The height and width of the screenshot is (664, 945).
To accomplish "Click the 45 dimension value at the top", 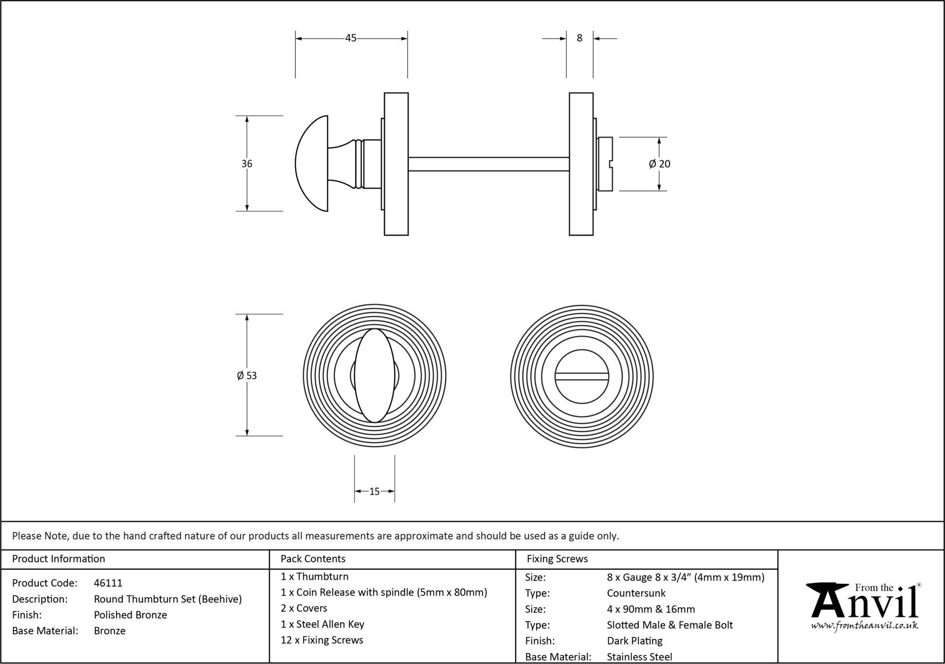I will coord(350,38).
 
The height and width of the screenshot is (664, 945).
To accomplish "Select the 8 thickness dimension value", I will coord(579,38).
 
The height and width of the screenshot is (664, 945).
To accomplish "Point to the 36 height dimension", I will coord(247,164).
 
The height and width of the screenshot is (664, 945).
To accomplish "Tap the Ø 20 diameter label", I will coord(660,164).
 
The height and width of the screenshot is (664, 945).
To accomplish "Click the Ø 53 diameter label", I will coord(247,376).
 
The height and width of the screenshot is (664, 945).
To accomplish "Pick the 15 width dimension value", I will coord(374,491).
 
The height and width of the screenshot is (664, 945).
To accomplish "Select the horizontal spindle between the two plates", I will coord(488,164).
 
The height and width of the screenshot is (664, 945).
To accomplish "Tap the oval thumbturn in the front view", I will coord(375,375).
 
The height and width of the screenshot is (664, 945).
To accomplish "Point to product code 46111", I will coord(108,583).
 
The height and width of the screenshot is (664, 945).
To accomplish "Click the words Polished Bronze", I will coord(130,615).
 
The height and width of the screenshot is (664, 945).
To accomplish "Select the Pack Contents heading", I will coord(313,559).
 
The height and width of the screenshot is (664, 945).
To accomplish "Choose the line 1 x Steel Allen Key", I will coord(322,624).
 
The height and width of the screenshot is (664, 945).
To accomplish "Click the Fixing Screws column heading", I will coord(557,559).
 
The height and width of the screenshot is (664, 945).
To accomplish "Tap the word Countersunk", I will coord(636,593).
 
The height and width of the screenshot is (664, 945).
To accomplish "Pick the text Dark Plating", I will coord(634,641).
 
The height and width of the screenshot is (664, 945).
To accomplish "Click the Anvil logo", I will coord(865,601).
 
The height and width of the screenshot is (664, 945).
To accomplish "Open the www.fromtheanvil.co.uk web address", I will coord(865,626).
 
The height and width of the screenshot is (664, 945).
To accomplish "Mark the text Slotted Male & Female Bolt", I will coord(670,625).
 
